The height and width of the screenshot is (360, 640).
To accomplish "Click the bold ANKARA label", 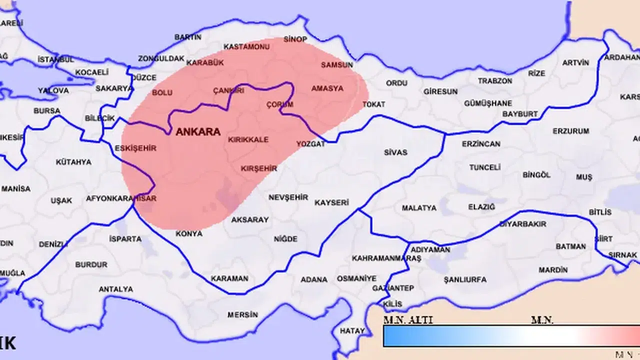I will coord(198,132).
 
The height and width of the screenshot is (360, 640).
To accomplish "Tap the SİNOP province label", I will coord(295,39).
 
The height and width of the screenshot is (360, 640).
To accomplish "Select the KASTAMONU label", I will coord(246,46).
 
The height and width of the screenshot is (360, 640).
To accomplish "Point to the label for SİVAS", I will coord(395,152).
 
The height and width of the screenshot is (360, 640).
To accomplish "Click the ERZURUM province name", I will coord(570,131).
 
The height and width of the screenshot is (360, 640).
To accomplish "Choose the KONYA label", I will coord(189,233).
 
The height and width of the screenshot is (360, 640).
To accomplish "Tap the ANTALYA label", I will coord(115,289).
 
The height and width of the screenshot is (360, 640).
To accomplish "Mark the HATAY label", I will coord(352,331).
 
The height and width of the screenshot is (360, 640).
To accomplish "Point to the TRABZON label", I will coord(494,80).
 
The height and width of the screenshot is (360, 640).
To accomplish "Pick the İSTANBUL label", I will coord(55,59).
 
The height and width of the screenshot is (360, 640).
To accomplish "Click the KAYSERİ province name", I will coord(331,202).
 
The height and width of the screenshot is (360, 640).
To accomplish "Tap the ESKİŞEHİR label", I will coord(135,148).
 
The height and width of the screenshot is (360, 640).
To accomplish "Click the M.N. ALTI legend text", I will coord(408,320).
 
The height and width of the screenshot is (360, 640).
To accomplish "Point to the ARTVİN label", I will coord(575,62).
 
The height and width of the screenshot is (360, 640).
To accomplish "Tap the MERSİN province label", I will coord(242,314).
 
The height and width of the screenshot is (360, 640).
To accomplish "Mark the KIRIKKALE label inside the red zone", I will coord(248,139).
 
